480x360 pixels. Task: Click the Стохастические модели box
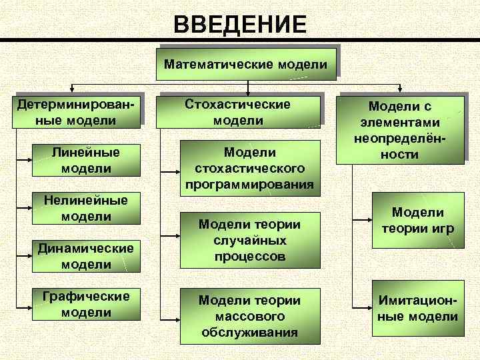pyautogui.click(x=238, y=112)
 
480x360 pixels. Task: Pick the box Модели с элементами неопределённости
pyautogui.click(x=400, y=130)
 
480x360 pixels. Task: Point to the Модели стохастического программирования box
pyautogui.click(x=250, y=168)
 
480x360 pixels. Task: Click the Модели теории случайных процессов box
pyautogui.click(x=250, y=240)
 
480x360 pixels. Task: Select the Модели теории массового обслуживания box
pyautogui.click(x=250, y=316)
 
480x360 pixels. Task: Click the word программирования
pyautogui.click(x=250, y=184)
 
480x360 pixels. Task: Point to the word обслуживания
pyautogui.click(x=250, y=332)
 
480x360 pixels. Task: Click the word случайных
pyautogui.click(x=250, y=240)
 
